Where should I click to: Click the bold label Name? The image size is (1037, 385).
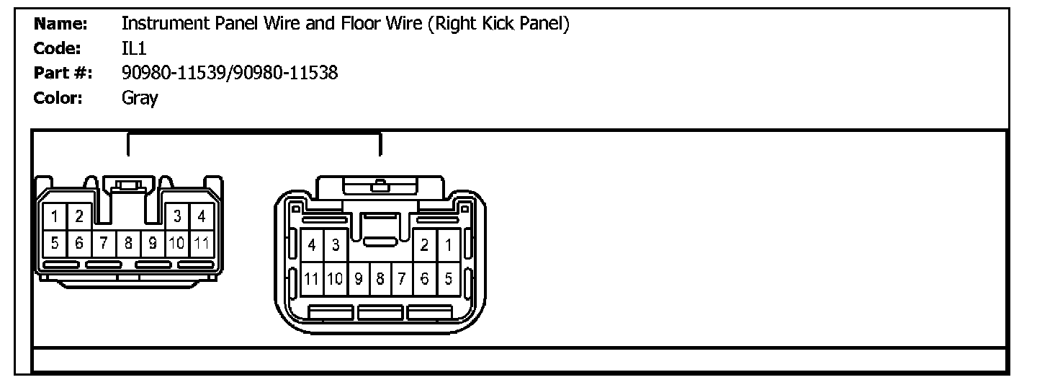click(x=61, y=24)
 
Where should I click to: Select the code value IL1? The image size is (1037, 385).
click(x=134, y=48)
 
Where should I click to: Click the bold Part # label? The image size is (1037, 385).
click(x=61, y=73)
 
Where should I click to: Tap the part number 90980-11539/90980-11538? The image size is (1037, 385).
click(x=230, y=73)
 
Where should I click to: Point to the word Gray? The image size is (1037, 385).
click(x=140, y=97)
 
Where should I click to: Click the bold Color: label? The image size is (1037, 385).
click(x=58, y=97)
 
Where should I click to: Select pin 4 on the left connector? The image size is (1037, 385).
click(x=202, y=216)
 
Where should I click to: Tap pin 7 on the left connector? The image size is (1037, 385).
click(x=104, y=243)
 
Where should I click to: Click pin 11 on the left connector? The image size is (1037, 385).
click(x=202, y=243)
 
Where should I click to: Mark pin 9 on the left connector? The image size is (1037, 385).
click(x=153, y=243)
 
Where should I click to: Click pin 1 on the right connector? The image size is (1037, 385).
click(x=448, y=245)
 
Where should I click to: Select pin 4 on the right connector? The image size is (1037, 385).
click(x=311, y=245)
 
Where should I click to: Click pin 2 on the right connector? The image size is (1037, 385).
click(x=425, y=245)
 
